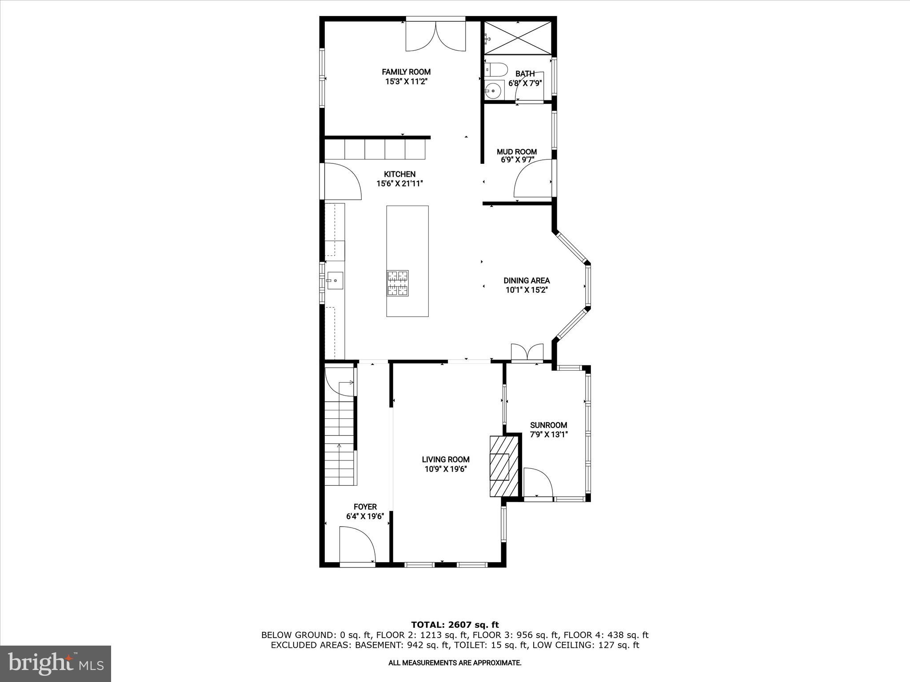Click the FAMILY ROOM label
click(x=406, y=72)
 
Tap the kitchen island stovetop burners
click(x=398, y=283)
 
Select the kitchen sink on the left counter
click(x=335, y=280)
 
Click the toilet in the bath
click(x=496, y=70)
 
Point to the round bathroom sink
click(x=492, y=91)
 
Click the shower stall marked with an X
click(x=517, y=38)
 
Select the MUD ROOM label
click(x=517, y=152)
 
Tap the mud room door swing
click(x=531, y=180)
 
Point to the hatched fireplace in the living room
click(x=504, y=466)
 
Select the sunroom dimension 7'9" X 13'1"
click(x=549, y=435)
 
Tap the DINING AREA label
click(x=527, y=281)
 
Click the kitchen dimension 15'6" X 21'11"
click(x=399, y=183)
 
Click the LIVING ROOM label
click(x=445, y=460)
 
